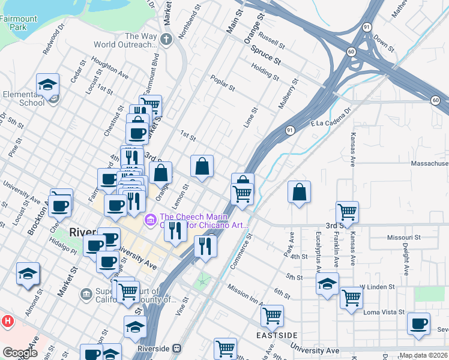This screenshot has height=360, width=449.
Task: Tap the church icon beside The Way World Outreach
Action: tap(166, 40)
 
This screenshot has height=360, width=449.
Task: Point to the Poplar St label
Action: tap(222, 83)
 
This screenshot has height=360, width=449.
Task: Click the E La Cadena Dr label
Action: tap(330, 118)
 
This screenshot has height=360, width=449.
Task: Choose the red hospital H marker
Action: tap(8, 321)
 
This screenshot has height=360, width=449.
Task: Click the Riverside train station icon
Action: tap(176, 348)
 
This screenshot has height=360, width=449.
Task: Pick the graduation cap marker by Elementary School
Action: tap(47, 85)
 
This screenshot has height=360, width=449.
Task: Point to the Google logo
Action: tap(20, 353)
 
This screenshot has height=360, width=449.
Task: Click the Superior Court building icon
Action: tap(86, 294)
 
